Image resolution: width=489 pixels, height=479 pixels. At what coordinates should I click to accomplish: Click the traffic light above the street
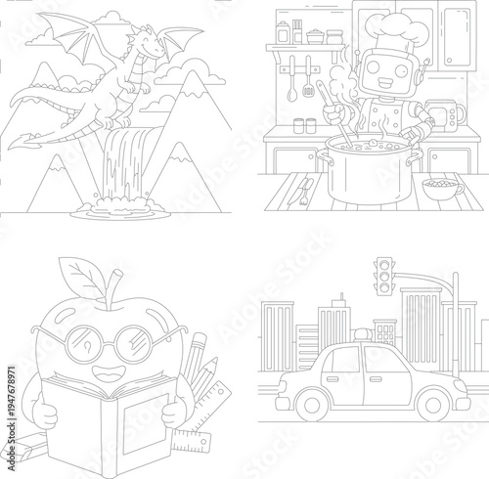coord(385,280)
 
